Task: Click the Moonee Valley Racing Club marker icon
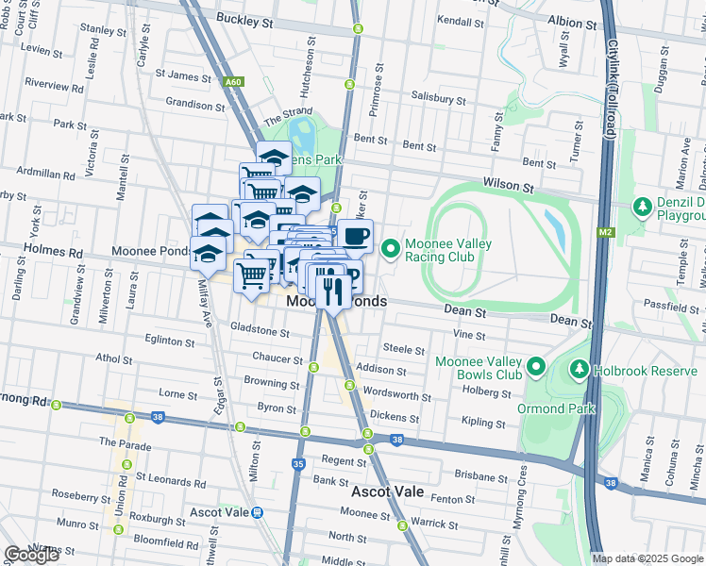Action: click(x=391, y=248)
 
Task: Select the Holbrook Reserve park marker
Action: click(x=580, y=370)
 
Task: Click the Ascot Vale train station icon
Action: click(x=258, y=512)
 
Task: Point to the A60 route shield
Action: click(x=233, y=83)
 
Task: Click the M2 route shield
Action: click(x=606, y=230)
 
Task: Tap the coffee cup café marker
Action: click(x=355, y=236)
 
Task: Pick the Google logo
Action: click(x=31, y=555)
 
